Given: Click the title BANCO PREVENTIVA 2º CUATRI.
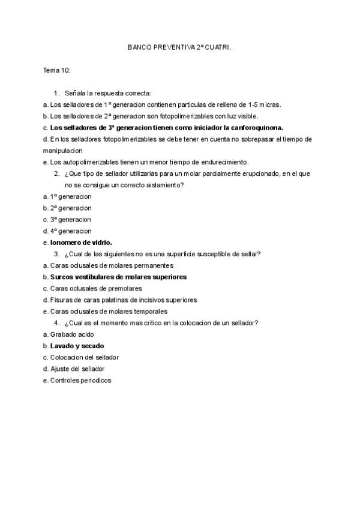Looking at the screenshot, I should [179, 46].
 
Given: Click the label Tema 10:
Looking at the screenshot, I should [57, 70].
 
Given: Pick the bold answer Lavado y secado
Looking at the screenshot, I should [77, 346].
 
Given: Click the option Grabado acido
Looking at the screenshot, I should [72, 334].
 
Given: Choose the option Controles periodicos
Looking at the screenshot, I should [80, 380].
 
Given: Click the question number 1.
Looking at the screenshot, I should [56, 93].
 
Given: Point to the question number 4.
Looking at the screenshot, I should [56, 323].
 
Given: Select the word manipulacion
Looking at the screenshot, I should [62, 151].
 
